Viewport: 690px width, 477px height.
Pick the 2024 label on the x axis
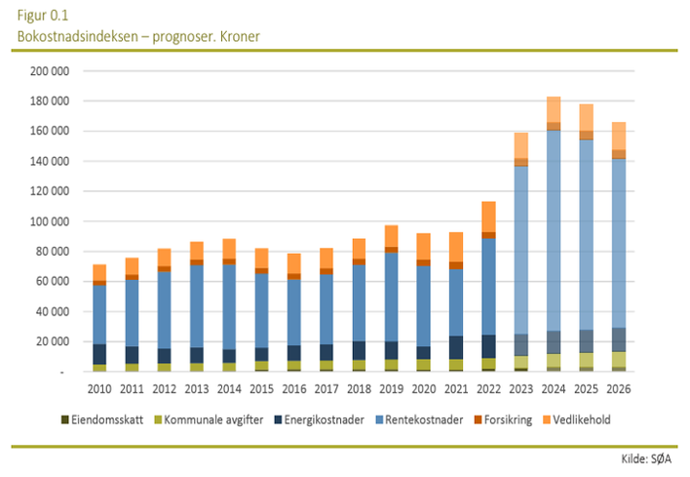coord(555,389)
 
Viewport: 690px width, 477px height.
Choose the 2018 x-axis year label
coord(359,389)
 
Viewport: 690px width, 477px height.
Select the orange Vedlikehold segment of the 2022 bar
coord(489,217)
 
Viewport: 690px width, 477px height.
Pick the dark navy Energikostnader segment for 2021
coord(457,347)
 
